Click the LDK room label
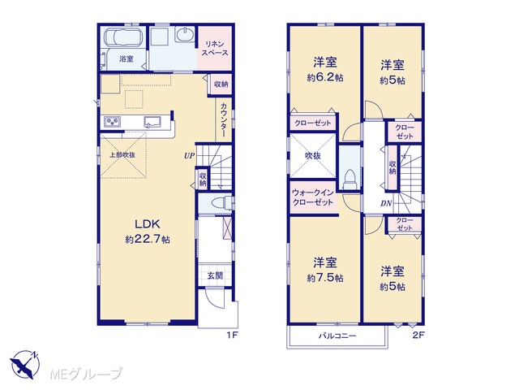click(x=148, y=224)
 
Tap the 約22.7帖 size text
click(x=148, y=239)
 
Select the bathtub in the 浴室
click(x=123, y=37)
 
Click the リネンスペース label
click(x=215, y=48)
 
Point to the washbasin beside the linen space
click(x=185, y=34)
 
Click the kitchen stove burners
click(x=113, y=121)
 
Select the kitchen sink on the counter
click(x=152, y=122)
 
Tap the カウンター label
click(x=224, y=120)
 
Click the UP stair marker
click(x=189, y=155)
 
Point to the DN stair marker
click(x=386, y=203)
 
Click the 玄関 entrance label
click(x=215, y=275)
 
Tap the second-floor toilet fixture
click(x=350, y=180)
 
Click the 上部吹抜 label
click(x=122, y=155)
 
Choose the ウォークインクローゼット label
click(x=313, y=197)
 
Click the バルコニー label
click(x=337, y=336)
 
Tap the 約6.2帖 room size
click(x=325, y=78)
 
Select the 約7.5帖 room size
click(x=325, y=278)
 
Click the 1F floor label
click(x=233, y=335)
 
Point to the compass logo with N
click(x=24, y=364)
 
